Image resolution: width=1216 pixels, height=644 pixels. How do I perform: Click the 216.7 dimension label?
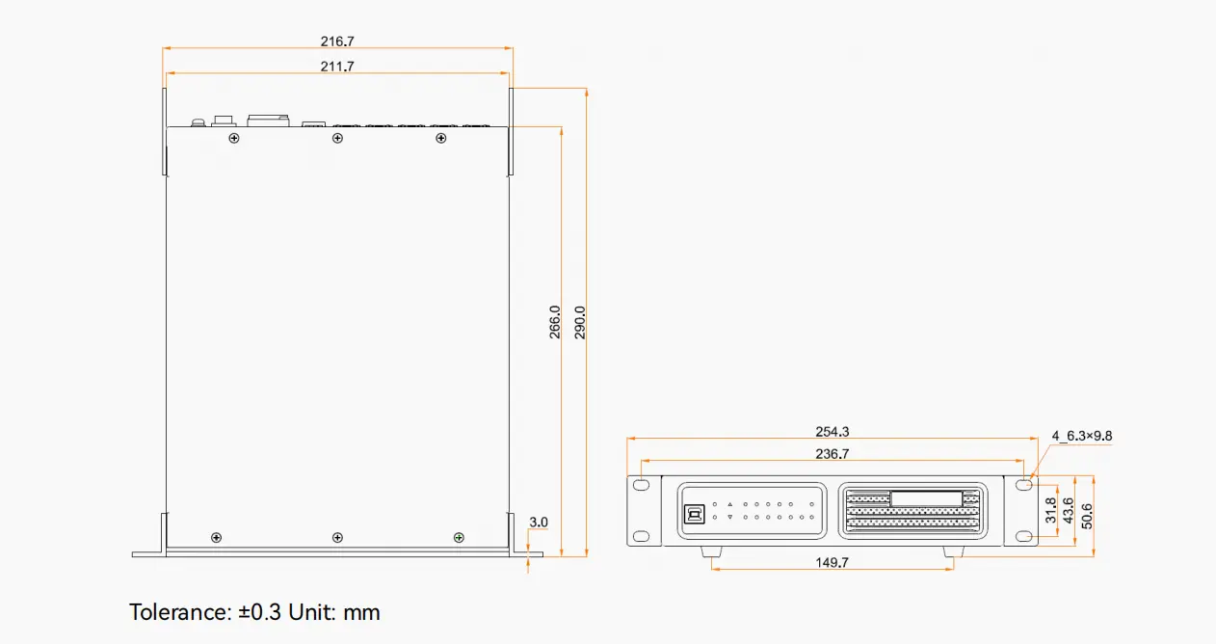pos(337,41)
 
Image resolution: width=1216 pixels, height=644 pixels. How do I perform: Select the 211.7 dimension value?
pos(337,67)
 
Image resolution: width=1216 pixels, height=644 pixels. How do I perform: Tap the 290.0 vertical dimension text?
pos(580,323)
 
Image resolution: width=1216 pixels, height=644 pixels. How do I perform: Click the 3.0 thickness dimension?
pos(539,523)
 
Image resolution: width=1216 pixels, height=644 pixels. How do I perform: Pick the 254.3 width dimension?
pos(833,432)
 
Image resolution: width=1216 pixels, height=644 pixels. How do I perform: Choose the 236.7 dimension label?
pos(833,454)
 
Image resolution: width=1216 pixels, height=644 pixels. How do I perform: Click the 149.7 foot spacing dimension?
pos(833,563)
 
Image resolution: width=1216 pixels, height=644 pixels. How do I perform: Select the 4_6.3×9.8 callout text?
pos(1081,436)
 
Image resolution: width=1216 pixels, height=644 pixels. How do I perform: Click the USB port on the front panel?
pos(694,515)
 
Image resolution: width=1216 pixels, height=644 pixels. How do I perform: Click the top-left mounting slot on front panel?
pos(642,485)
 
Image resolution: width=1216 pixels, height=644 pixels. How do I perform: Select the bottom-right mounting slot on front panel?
pos(1024,536)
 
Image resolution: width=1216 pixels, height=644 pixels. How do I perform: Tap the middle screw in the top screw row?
pos(337,138)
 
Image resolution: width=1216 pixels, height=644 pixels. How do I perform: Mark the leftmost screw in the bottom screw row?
pos(216,537)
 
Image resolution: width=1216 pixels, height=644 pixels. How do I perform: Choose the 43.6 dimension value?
pos(1069,510)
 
